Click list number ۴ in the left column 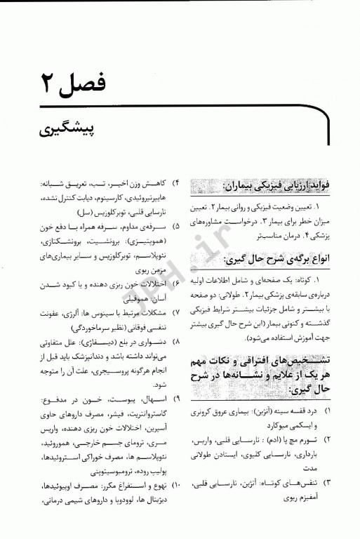pos(175,184)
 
